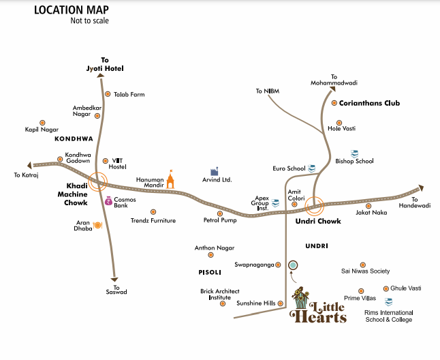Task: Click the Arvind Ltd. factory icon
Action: click(215, 171)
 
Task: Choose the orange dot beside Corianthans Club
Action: click(334, 104)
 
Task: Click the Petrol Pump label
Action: click(219, 220)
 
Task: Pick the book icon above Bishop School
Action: click(353, 153)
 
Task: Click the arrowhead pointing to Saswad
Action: click(115, 279)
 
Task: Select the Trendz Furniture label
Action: click(153, 220)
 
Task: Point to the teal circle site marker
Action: click(293, 265)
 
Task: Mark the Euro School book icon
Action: click(311, 167)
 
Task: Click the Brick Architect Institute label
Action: click(220, 295)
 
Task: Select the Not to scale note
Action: click(90, 20)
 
